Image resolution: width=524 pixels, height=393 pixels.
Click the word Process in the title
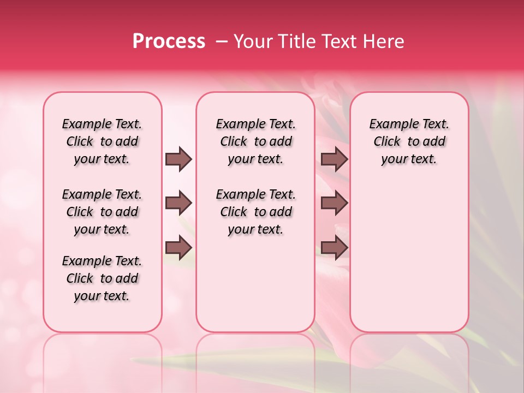[169, 41]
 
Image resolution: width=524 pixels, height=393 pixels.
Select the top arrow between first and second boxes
[178, 159]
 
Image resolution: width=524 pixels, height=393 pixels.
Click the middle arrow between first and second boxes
[178, 204]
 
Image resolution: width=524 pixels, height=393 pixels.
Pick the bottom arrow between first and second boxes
[178, 247]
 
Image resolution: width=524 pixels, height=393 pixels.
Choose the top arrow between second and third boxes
[334, 159]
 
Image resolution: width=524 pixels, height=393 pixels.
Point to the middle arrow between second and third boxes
[334, 204]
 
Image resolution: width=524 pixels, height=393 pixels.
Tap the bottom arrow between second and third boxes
[334, 247]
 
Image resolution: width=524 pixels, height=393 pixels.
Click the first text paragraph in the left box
[102, 141]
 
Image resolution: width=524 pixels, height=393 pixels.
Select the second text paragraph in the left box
[102, 212]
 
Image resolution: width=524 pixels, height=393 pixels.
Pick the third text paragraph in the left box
[102, 278]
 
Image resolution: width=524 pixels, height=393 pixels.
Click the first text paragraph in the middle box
[255, 141]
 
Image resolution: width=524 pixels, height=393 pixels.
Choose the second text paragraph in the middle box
[255, 212]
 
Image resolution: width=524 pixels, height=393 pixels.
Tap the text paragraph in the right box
[409, 141]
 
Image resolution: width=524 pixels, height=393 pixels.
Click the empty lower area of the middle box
[255, 284]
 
